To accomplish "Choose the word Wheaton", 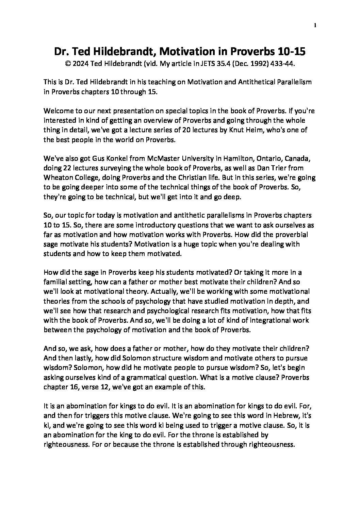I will (56, 177).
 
